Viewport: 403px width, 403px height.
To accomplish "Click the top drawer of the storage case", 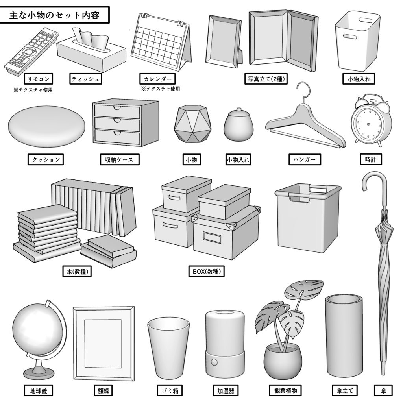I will point(117,111).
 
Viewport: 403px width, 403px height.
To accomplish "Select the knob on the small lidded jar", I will point(239,111).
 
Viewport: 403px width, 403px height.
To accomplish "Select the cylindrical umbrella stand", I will point(344,336).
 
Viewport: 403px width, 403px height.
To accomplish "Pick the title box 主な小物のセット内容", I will point(54,16).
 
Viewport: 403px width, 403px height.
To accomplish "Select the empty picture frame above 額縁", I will point(103,343).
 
